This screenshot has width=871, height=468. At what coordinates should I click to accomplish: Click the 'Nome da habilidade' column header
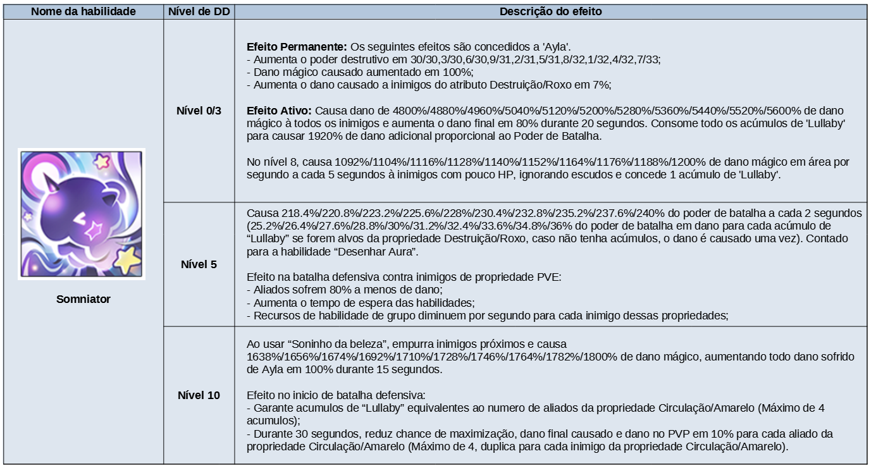click(83, 11)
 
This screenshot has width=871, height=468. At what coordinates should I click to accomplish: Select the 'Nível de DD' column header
click(199, 11)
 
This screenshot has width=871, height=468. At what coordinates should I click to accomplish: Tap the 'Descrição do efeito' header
click(551, 11)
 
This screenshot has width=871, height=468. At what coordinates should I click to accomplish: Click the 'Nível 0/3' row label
click(199, 111)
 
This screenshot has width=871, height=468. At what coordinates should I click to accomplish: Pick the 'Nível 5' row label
click(199, 264)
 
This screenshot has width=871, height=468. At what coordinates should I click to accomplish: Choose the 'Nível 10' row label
click(199, 395)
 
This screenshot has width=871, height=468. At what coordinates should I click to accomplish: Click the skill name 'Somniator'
click(83, 299)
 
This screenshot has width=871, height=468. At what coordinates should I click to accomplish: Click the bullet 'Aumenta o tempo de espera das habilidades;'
click(361, 302)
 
